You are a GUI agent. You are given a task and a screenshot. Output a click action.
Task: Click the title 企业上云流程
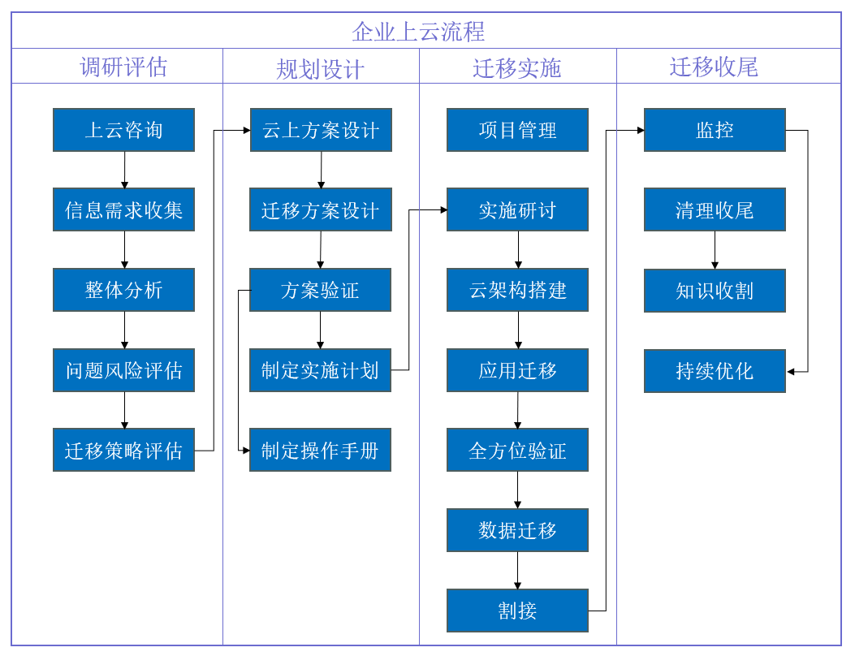418,31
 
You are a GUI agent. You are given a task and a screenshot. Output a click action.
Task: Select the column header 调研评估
123,67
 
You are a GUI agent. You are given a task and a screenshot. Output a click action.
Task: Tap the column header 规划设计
320,69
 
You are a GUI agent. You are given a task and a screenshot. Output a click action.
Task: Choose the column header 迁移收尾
714,67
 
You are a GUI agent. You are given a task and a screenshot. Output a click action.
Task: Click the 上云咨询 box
123,130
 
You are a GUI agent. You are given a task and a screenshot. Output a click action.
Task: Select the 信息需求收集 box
123,210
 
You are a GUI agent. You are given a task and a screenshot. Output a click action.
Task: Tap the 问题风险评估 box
123,371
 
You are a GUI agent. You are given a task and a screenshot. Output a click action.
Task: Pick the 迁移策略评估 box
123,451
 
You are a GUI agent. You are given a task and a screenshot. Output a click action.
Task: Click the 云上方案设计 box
321,130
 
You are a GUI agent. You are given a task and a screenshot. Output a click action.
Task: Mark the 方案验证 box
320,291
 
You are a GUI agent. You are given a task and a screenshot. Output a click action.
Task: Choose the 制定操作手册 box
320,451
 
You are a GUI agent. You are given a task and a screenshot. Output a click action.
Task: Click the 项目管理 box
517,130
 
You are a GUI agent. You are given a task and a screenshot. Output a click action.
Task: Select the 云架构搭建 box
517,291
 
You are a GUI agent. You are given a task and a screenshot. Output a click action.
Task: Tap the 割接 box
517,611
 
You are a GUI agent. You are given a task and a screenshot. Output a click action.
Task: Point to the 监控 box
715,130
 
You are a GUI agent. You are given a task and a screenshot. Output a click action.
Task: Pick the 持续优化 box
715,371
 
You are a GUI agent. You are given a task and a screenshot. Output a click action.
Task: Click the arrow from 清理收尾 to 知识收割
715,250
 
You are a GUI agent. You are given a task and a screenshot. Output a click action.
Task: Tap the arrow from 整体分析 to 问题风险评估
124,330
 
